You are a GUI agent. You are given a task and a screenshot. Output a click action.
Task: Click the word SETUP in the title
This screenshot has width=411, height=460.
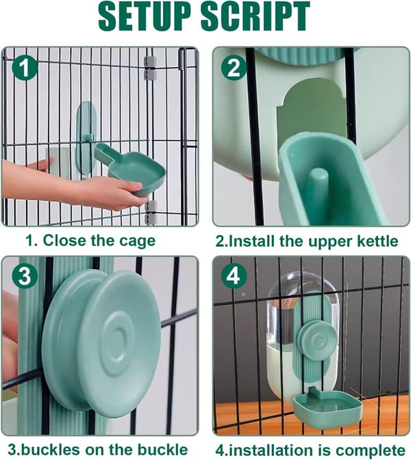pyautogui.click(x=146, y=16)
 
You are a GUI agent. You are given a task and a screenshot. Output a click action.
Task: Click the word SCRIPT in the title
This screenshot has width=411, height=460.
pyautogui.click(x=256, y=16)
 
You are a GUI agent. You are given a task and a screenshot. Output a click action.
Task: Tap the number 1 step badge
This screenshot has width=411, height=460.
pyautogui.click(x=25, y=68)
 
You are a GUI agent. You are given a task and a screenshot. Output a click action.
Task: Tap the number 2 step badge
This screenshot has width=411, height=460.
pyautogui.click(x=234, y=68)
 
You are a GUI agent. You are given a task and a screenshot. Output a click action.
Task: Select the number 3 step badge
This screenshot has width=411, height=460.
pyautogui.click(x=25, y=276)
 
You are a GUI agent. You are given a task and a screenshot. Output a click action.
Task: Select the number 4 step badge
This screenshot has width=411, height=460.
pyautogui.click(x=234, y=276)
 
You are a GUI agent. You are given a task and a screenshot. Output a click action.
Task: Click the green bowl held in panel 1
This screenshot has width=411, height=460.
pyautogui.click(x=132, y=169)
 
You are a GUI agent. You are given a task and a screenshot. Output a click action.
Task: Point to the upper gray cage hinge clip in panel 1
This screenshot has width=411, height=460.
pyautogui.click(x=150, y=68)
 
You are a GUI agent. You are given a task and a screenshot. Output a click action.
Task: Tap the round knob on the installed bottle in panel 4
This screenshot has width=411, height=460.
pyautogui.click(x=316, y=340)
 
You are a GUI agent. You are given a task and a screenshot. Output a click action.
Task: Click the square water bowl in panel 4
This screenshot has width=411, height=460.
pyautogui.click(x=328, y=410)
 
